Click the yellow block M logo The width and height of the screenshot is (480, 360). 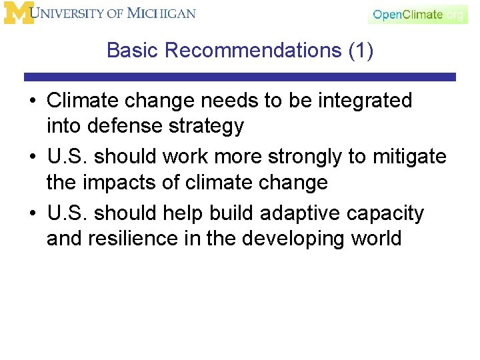(x=19, y=14)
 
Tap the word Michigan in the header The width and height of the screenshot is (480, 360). (x=162, y=13)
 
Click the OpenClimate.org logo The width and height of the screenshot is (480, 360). (x=417, y=14)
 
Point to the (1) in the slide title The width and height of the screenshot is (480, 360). (x=361, y=50)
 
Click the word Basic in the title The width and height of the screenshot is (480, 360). (x=132, y=50)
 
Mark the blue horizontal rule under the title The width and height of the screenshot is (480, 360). (x=240, y=77)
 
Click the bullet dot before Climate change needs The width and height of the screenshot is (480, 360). (x=32, y=101)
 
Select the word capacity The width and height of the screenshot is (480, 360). (x=393, y=213)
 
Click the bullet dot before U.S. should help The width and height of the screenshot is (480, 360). (x=32, y=213)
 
